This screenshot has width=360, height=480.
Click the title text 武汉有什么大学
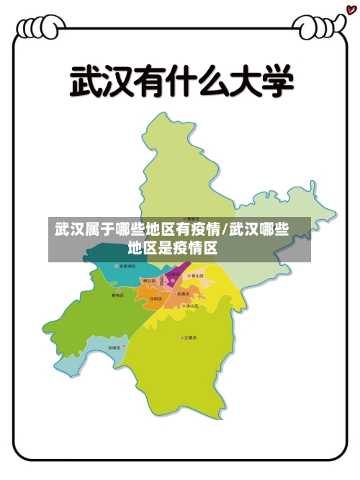coord(181,81)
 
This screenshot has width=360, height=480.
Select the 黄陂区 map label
coord(192,218)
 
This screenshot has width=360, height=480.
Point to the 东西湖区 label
coord(127,267)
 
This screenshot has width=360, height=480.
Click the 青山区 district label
coord(197,275)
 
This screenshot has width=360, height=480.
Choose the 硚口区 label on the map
coord(149,280)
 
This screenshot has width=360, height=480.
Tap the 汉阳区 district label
coord(155,298)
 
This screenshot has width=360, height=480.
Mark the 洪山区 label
coord(192,306)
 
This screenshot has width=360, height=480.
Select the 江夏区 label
coord(190,337)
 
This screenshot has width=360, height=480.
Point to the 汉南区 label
coord(114,347)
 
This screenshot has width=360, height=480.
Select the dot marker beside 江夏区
coord(181,337)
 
